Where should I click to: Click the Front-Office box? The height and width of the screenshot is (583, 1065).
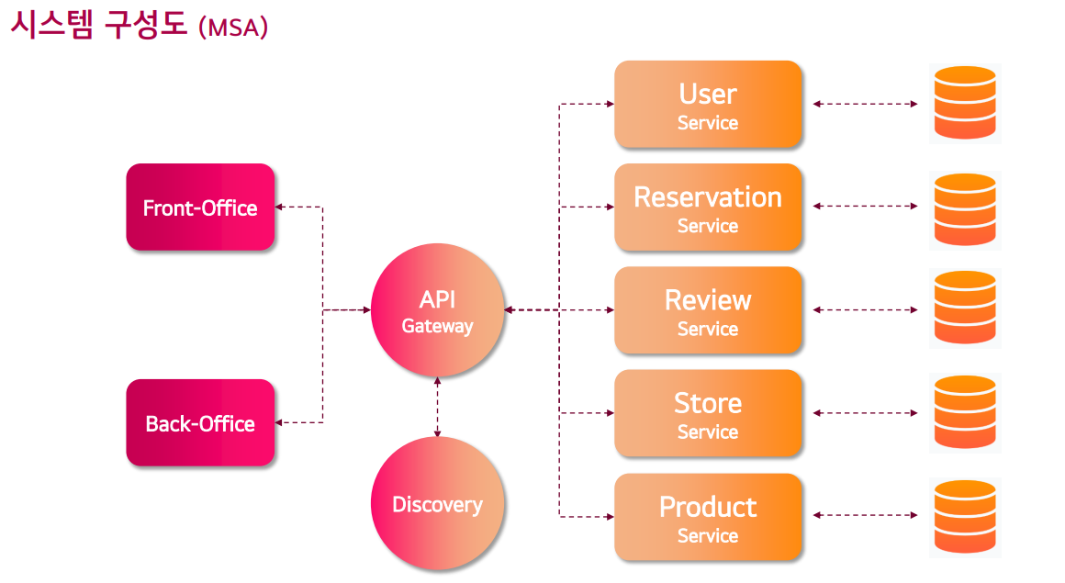pyautogui.click(x=200, y=207)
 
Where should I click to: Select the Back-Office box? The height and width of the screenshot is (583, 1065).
pyautogui.click(x=200, y=423)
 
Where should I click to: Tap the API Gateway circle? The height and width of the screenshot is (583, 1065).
pyautogui.click(x=437, y=310)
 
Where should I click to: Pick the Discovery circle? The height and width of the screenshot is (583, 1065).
pyautogui.click(x=437, y=504)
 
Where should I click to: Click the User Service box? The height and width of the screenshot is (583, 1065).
pyautogui.click(x=708, y=105)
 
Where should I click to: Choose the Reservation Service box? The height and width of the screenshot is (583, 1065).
pyautogui.click(x=708, y=207)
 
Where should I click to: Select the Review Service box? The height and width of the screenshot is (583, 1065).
pyautogui.click(x=708, y=310)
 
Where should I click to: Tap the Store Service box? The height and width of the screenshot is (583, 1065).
pyautogui.click(x=708, y=413)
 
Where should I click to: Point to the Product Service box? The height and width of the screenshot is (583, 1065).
pyautogui.click(x=708, y=517)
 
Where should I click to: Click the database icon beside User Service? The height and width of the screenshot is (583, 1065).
pyautogui.click(x=964, y=103)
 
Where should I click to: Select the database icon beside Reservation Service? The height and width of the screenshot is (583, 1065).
pyautogui.click(x=964, y=208)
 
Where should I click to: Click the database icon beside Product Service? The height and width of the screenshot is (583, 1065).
pyautogui.click(x=964, y=516)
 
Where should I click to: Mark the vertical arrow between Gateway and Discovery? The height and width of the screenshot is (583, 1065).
pyautogui.click(x=437, y=407)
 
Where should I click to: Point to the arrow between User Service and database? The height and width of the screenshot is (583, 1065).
pyautogui.click(x=865, y=105)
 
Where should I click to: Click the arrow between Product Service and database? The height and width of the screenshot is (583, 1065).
pyautogui.click(x=865, y=517)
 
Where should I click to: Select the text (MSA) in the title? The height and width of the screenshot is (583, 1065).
pyautogui.click(x=232, y=28)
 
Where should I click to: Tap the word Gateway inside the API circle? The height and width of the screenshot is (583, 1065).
pyautogui.click(x=437, y=326)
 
